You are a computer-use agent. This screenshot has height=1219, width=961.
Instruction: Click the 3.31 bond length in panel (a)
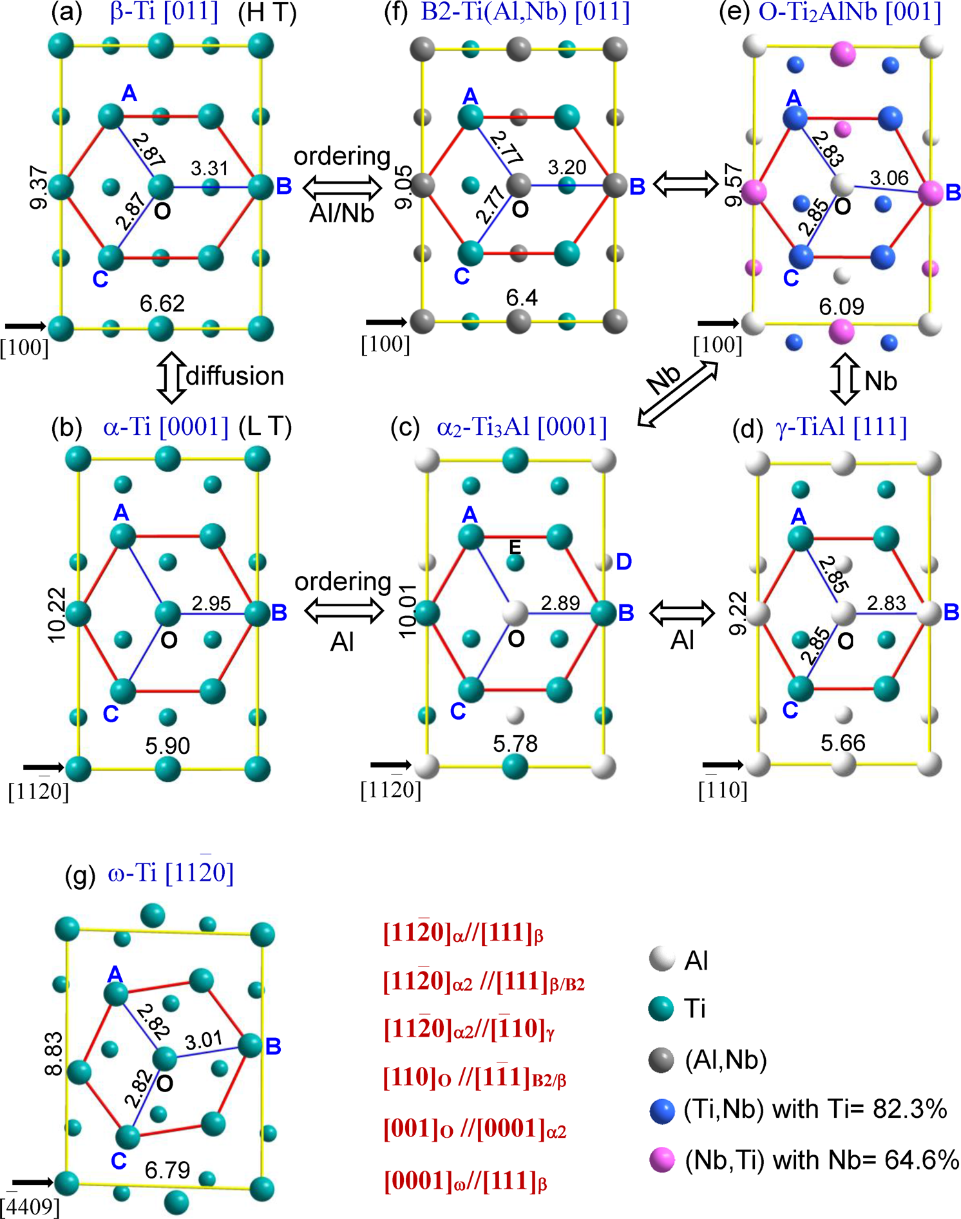(x=209, y=169)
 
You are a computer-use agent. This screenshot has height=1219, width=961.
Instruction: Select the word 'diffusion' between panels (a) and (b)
(x=235, y=376)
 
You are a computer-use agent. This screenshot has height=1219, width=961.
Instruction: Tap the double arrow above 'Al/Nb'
(x=342, y=186)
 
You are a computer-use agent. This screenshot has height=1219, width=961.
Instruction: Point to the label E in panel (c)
(x=515, y=547)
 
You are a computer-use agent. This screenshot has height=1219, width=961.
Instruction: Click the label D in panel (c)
(x=623, y=562)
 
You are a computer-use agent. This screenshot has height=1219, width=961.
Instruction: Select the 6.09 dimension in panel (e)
(x=841, y=307)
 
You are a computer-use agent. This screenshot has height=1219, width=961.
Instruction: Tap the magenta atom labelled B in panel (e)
(x=931, y=193)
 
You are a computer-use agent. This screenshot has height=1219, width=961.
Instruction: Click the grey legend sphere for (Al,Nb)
(x=661, y=1060)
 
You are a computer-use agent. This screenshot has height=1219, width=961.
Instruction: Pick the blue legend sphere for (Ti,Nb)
(x=661, y=1110)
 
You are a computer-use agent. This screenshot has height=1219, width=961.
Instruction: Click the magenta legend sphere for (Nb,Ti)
(x=661, y=1160)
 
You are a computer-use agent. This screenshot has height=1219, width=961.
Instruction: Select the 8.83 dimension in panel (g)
(x=54, y=1053)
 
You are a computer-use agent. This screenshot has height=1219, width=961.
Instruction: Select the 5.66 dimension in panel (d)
(x=842, y=744)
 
